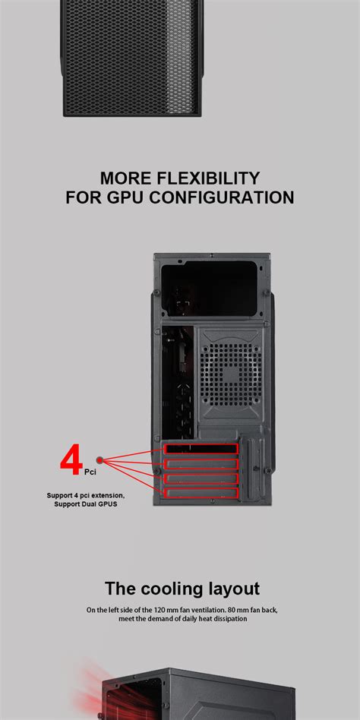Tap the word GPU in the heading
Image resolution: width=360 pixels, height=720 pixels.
click(x=125, y=198)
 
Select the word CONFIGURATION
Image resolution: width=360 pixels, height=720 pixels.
click(x=220, y=198)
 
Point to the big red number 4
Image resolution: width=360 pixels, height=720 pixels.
click(x=71, y=460)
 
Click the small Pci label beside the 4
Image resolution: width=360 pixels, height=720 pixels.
click(x=90, y=472)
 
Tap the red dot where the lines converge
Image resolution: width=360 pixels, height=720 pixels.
click(x=101, y=459)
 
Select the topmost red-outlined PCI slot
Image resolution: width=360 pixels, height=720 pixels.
click(x=201, y=450)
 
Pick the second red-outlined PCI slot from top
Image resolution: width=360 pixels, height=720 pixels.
click(x=201, y=464)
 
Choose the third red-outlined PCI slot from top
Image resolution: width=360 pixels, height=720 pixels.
click(x=201, y=478)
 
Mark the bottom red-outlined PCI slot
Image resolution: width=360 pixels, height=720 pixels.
click(x=201, y=493)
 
